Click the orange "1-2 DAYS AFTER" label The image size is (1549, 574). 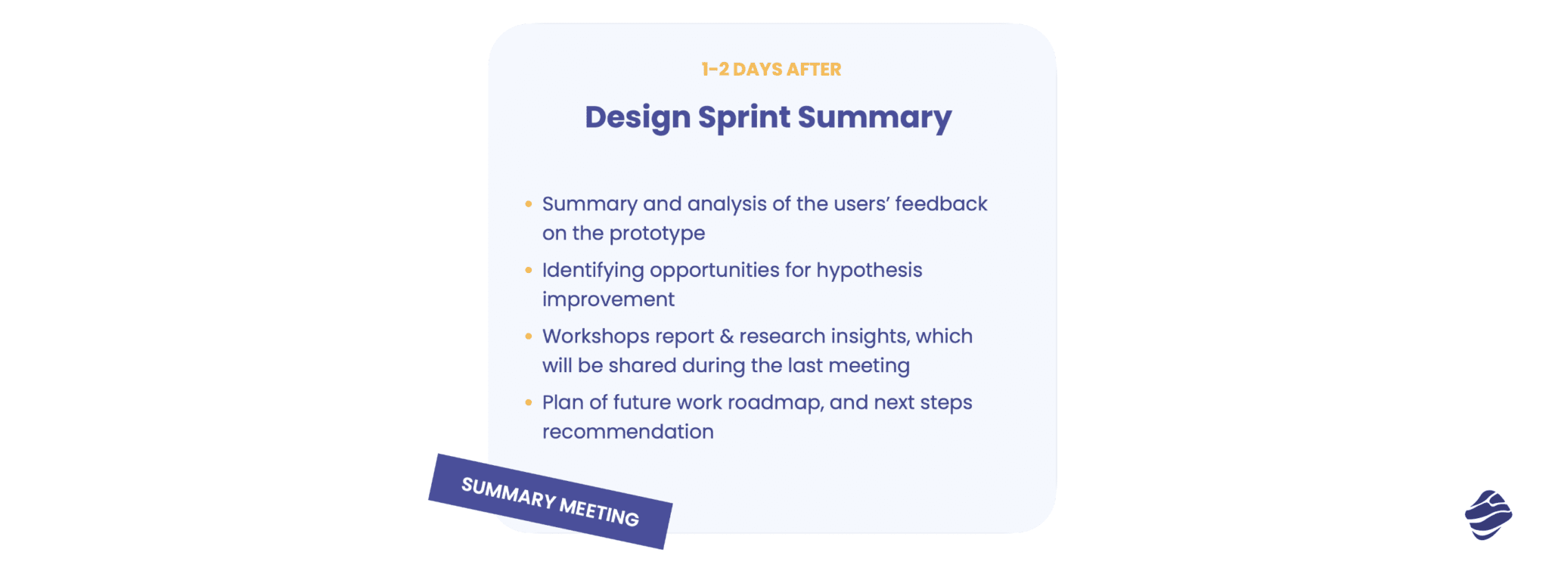(771, 70)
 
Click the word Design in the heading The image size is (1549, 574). (638, 118)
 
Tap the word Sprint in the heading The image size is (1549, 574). (743, 118)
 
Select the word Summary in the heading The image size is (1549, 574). (874, 118)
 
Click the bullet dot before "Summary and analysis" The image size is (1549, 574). (529, 204)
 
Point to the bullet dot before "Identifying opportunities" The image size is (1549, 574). (529, 270)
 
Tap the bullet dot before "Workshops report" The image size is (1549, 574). (529, 336)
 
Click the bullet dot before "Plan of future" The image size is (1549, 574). (529, 402)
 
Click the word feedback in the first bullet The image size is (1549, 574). (941, 204)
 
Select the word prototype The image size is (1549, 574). (657, 234)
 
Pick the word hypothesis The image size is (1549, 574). (869, 271)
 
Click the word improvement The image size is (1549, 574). (608, 299)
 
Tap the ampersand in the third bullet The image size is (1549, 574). (726, 337)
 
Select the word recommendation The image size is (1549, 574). (628, 432)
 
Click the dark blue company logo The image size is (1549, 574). (1488, 515)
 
